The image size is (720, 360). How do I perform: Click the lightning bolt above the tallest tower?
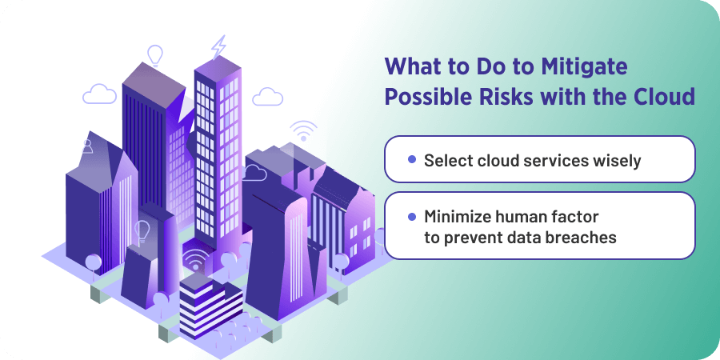pyautogui.click(x=218, y=47)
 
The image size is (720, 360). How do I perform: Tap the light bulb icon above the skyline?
pyautogui.click(x=155, y=54)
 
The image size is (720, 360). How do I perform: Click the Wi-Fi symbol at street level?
pyautogui.click(x=194, y=260)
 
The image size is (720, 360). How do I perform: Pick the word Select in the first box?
pyautogui.click(x=446, y=160)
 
